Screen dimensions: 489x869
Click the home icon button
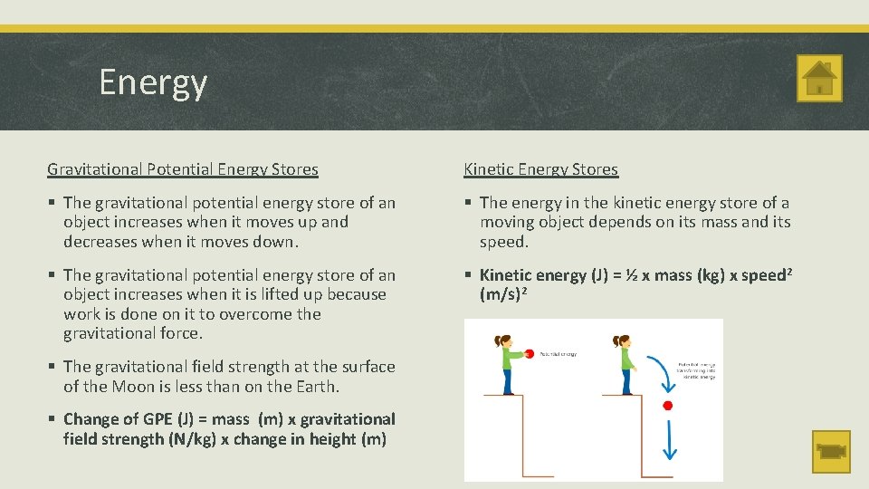pyautogui.click(x=819, y=78)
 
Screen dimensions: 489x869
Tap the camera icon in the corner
pyautogui.click(x=830, y=451)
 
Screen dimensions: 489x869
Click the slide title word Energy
pyautogui.click(x=153, y=82)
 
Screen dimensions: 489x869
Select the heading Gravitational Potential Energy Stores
pyautogui.click(x=183, y=168)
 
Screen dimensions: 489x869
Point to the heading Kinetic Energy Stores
pyautogui.click(x=540, y=168)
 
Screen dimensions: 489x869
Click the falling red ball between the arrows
pyautogui.click(x=668, y=405)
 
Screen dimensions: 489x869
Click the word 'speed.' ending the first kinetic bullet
pyautogui.click(x=504, y=242)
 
